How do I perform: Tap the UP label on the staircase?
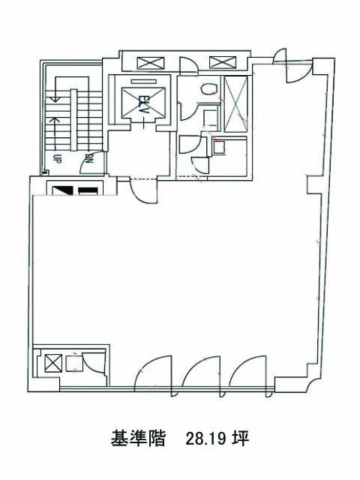pos(56,159)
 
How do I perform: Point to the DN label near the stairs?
pos(89,158)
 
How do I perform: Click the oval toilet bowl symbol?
pos(209,88)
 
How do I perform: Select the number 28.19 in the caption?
pos(205,439)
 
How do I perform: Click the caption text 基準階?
pos(138,439)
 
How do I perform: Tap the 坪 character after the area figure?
pos(240,439)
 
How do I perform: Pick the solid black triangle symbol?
pos(63,191)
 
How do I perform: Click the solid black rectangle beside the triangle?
pos(88,191)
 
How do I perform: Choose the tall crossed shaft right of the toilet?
pos(235,104)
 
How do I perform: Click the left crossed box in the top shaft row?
pos(151,63)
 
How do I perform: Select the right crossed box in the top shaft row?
pos(223,62)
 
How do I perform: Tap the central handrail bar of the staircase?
pos(73,120)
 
